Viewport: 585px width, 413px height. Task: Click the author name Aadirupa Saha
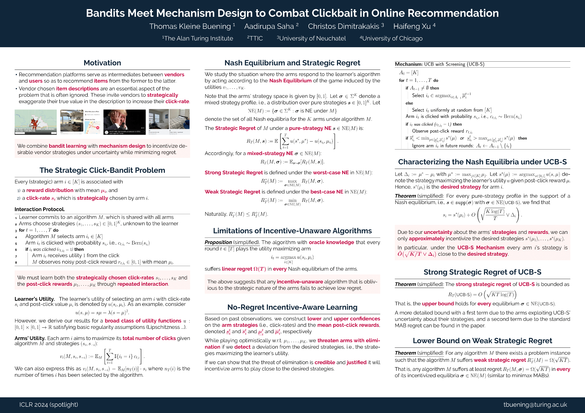(269, 26)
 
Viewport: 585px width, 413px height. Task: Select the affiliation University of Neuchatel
(312, 38)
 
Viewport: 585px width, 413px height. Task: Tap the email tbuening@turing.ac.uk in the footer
(535, 405)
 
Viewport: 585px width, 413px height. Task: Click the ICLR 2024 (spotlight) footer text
(49, 405)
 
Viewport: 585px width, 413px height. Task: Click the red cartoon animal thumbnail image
(36, 122)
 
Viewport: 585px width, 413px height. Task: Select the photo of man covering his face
(125, 122)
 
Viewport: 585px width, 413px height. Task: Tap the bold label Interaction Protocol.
(40, 209)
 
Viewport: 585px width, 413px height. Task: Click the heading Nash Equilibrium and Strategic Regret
(292, 63)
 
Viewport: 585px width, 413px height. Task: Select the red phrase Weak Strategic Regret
(232, 192)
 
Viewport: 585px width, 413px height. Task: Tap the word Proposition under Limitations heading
(218, 242)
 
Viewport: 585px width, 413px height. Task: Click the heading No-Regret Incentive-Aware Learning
(292, 307)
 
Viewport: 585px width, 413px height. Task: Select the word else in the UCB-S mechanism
(409, 103)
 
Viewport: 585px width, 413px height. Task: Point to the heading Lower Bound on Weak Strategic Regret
(482, 341)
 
